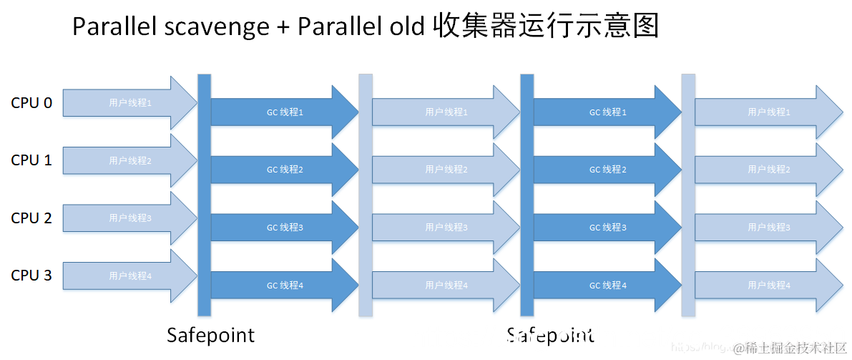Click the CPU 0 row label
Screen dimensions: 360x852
[31, 103]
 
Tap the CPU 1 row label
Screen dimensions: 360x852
[31, 160]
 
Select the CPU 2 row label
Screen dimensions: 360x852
[31, 218]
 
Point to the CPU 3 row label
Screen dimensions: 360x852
[31, 276]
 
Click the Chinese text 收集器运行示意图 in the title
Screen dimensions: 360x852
[545, 27]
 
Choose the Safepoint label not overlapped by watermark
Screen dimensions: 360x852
[210, 335]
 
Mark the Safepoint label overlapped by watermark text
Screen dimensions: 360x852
[550, 335]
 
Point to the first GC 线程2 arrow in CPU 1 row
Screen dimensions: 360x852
[285, 170]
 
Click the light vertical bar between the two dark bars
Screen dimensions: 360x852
[366, 195]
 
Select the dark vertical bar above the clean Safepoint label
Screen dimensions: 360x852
[204, 195]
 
